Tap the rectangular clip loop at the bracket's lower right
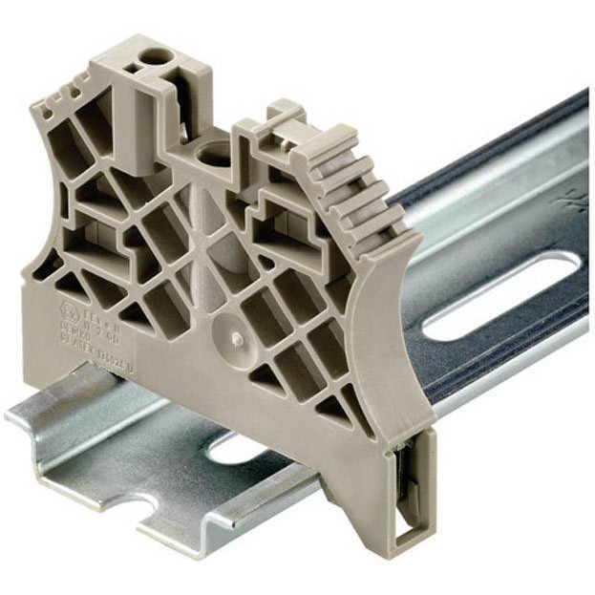(413, 498)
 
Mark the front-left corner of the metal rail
(11, 420)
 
